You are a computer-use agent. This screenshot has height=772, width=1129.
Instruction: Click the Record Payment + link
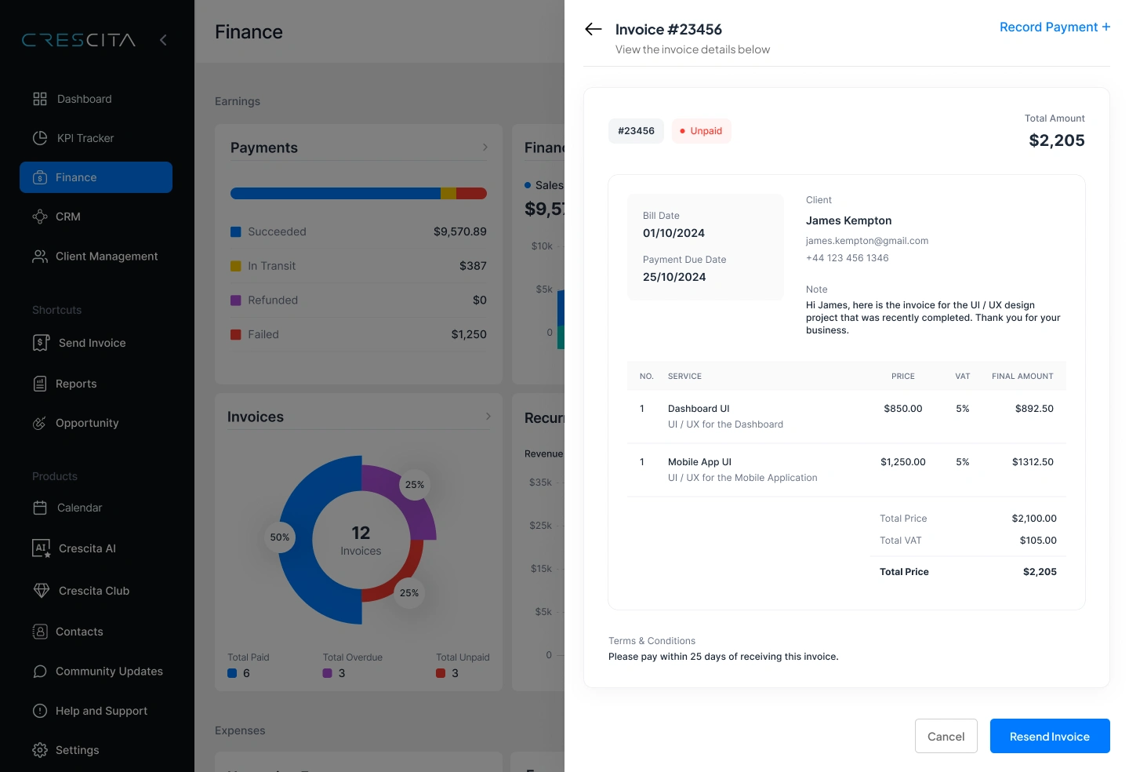click(x=1054, y=27)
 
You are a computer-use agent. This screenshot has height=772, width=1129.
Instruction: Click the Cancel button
click(x=946, y=736)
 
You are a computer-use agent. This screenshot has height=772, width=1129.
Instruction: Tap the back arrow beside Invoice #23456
click(x=594, y=30)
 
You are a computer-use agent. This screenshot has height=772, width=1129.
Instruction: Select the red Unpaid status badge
click(x=701, y=131)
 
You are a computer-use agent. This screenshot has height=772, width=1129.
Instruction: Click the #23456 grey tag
click(x=636, y=131)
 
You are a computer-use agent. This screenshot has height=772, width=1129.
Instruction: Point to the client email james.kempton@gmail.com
click(x=866, y=241)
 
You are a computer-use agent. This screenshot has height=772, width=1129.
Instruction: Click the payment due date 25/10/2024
click(x=674, y=277)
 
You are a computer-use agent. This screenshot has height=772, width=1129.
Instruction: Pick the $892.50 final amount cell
click(x=1033, y=409)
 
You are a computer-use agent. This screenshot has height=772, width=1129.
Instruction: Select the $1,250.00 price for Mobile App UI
click(x=902, y=462)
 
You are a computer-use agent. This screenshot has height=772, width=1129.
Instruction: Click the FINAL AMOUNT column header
click(x=1022, y=377)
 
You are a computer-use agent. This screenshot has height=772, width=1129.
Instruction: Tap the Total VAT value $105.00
click(x=1037, y=541)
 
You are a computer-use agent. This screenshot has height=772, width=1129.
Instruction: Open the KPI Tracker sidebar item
click(x=85, y=138)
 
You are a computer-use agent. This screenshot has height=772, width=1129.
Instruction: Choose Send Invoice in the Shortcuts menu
click(x=92, y=343)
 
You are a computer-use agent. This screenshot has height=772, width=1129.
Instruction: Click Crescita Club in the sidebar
click(x=93, y=591)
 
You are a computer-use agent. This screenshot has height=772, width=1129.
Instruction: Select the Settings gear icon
click(x=40, y=750)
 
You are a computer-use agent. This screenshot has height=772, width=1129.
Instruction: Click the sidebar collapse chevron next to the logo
click(x=163, y=40)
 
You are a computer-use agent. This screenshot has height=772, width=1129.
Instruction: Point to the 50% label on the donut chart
click(x=280, y=537)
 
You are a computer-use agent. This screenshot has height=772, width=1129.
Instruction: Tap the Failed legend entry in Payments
click(x=263, y=334)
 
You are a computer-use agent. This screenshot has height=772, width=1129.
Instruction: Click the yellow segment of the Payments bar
click(x=448, y=194)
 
